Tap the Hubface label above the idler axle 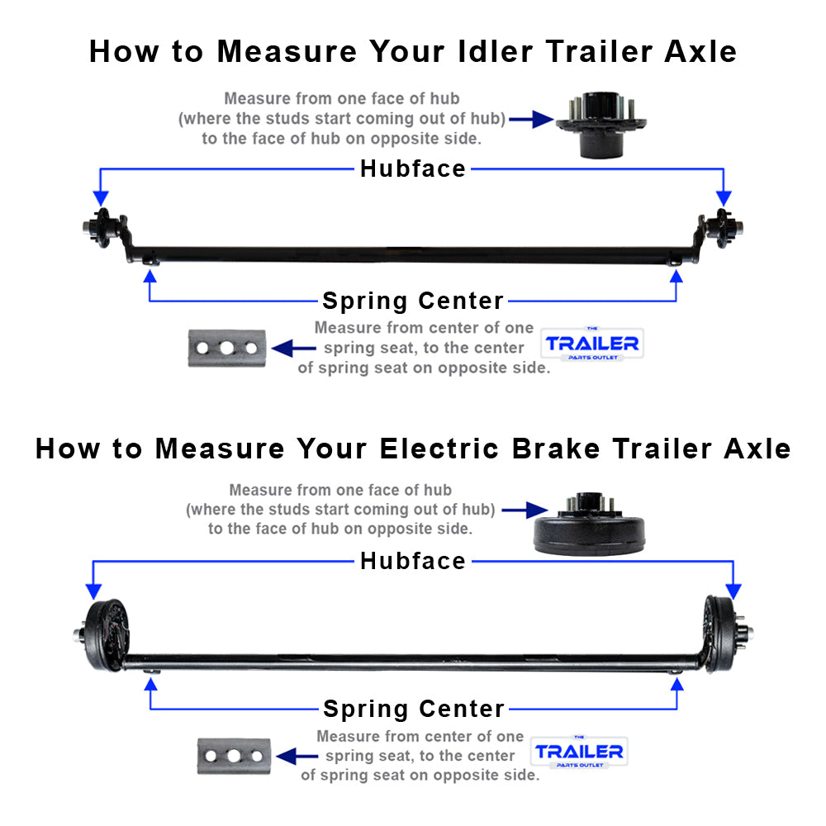coord(412,169)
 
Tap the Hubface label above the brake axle coord(412,562)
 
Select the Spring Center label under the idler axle coord(412,301)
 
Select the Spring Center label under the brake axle coord(413,709)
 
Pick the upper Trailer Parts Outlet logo coord(591,344)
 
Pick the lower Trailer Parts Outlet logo coord(578,752)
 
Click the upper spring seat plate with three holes coord(226,348)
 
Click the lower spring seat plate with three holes coord(234,756)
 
